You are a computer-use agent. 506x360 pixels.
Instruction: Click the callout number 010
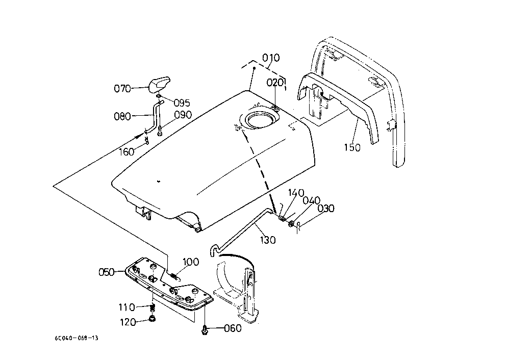coord(271,58)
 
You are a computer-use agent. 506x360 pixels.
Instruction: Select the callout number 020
coord(275,83)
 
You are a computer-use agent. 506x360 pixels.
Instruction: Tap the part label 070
coord(122,88)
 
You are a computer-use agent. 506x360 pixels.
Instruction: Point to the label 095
coord(182,103)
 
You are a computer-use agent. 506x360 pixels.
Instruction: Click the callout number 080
coord(122,116)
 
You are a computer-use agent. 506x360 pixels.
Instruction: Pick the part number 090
coord(183,115)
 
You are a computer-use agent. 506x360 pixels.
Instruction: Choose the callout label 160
coord(127,151)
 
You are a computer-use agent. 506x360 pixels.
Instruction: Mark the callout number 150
coord(352,147)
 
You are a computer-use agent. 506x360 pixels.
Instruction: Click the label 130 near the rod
coord(267,240)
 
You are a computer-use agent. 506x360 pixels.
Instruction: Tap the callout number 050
coord(107,272)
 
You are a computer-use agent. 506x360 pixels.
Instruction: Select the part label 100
coord(191,262)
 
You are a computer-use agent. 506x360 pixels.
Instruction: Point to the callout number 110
coord(127,307)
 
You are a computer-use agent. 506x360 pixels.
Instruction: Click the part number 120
coord(128,322)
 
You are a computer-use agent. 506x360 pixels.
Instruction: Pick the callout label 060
coord(233,328)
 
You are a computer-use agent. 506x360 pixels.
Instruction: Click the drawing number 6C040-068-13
coord(77,338)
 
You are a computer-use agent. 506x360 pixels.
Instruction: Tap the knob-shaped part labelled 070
coord(159,85)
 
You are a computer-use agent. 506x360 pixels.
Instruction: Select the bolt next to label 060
coord(204,330)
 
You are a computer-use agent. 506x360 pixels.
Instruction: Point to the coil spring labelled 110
coord(154,307)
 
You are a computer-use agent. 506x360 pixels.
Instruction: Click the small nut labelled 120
coord(153,319)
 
